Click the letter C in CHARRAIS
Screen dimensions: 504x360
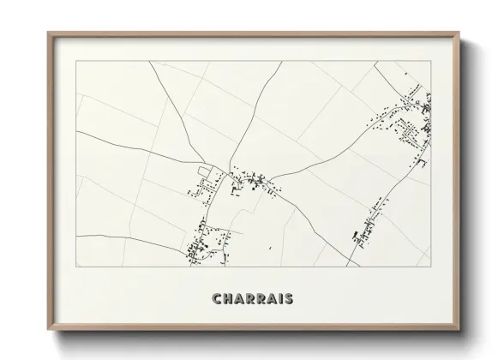coord(216,299)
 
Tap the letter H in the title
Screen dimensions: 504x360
coord(227,299)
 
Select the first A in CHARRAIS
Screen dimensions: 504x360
coord(238,299)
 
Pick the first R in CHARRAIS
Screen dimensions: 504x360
coord(249,299)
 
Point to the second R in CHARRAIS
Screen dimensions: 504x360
coord(261,299)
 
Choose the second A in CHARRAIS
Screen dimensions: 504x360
coord(272,299)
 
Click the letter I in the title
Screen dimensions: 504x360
coord(280,299)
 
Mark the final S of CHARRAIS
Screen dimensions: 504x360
coord(289,299)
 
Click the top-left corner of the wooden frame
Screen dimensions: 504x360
coord(48,33)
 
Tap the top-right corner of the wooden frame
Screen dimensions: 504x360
coord(459,33)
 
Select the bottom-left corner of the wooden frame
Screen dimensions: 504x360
coord(48,330)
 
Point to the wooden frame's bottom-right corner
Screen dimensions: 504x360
coord(459,330)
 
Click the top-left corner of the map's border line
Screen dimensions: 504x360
coord(76,61)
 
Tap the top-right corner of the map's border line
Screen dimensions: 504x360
coord(431,61)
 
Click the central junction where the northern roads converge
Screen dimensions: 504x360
coord(230,168)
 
